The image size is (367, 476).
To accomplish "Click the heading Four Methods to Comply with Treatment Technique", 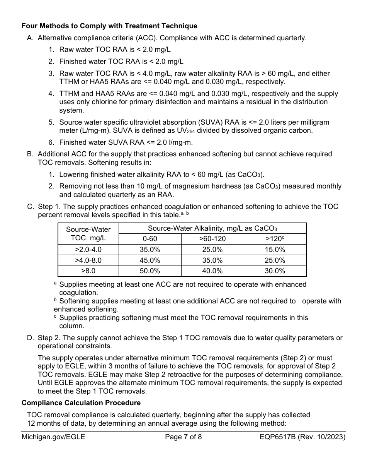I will click(x=109, y=26).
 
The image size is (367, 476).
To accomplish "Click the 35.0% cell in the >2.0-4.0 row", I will click(x=150, y=250).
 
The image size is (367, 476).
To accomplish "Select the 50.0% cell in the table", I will click(x=150, y=271).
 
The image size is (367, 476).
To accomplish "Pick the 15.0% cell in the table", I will click(x=275, y=250).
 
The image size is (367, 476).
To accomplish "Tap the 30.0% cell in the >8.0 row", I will click(x=275, y=271).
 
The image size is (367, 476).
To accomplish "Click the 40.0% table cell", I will click(x=212, y=271).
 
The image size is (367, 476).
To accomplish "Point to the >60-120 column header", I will click(x=212, y=239).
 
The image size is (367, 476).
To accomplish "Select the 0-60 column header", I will click(x=150, y=239).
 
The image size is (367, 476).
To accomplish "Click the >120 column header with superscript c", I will click(x=275, y=239).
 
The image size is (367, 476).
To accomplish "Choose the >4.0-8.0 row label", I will click(x=88, y=260).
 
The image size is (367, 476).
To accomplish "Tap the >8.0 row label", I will click(x=88, y=271).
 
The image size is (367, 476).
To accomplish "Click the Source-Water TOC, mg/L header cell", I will click(x=88, y=233).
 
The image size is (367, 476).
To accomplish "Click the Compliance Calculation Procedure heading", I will click(x=81, y=403).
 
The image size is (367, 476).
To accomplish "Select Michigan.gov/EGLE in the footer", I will click(x=53, y=437).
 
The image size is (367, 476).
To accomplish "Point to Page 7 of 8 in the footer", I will click(x=183, y=437).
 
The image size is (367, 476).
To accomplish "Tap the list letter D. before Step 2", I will click(x=30, y=338).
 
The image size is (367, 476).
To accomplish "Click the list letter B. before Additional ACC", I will click(x=30, y=154).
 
